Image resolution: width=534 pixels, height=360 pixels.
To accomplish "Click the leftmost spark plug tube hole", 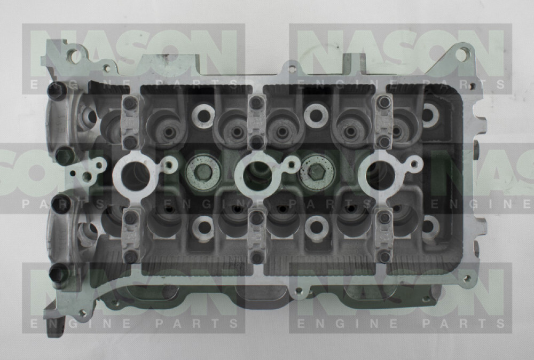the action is click(x=135, y=176).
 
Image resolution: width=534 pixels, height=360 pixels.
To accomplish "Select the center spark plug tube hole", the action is click(x=258, y=176).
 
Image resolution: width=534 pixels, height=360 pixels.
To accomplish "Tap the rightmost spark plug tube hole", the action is click(x=381, y=175).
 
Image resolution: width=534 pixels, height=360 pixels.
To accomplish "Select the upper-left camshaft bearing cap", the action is click(x=130, y=121).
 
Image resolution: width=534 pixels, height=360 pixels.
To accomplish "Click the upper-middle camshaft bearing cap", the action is click(x=257, y=121).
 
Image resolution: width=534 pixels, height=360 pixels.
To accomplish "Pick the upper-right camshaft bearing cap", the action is click(x=384, y=121).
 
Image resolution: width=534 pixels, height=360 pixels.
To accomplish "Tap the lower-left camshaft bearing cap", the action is click(x=130, y=236).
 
